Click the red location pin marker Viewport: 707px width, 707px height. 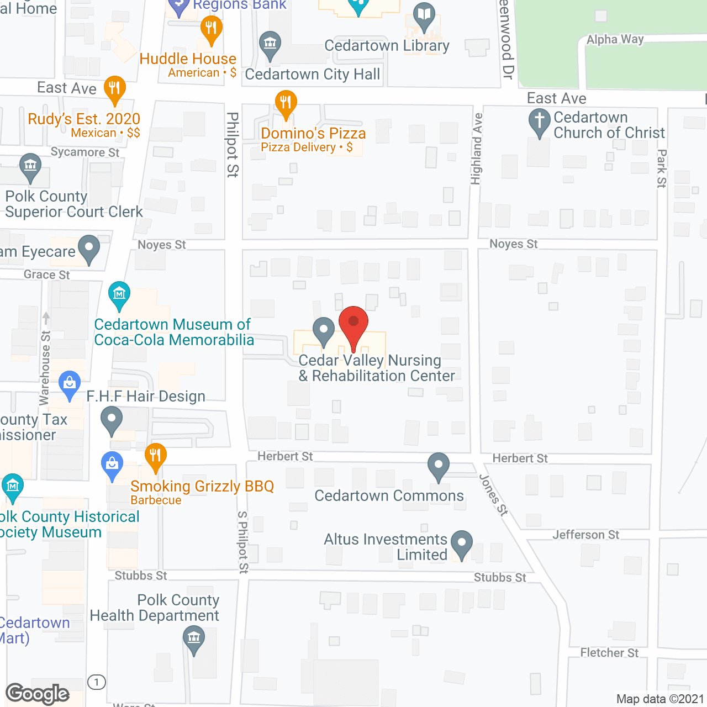(353, 323)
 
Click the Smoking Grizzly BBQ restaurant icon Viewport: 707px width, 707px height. (155, 456)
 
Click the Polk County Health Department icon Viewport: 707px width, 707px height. (193, 639)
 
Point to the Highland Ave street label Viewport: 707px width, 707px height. (476, 149)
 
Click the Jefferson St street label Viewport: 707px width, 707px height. (585, 535)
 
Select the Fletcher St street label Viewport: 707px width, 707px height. (609, 653)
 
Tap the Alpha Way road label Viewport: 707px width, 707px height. (615, 39)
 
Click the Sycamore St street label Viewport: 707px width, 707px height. (85, 152)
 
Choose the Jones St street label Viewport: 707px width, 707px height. (493, 495)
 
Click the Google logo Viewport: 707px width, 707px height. (38, 694)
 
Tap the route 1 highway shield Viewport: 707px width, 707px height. (97, 682)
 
